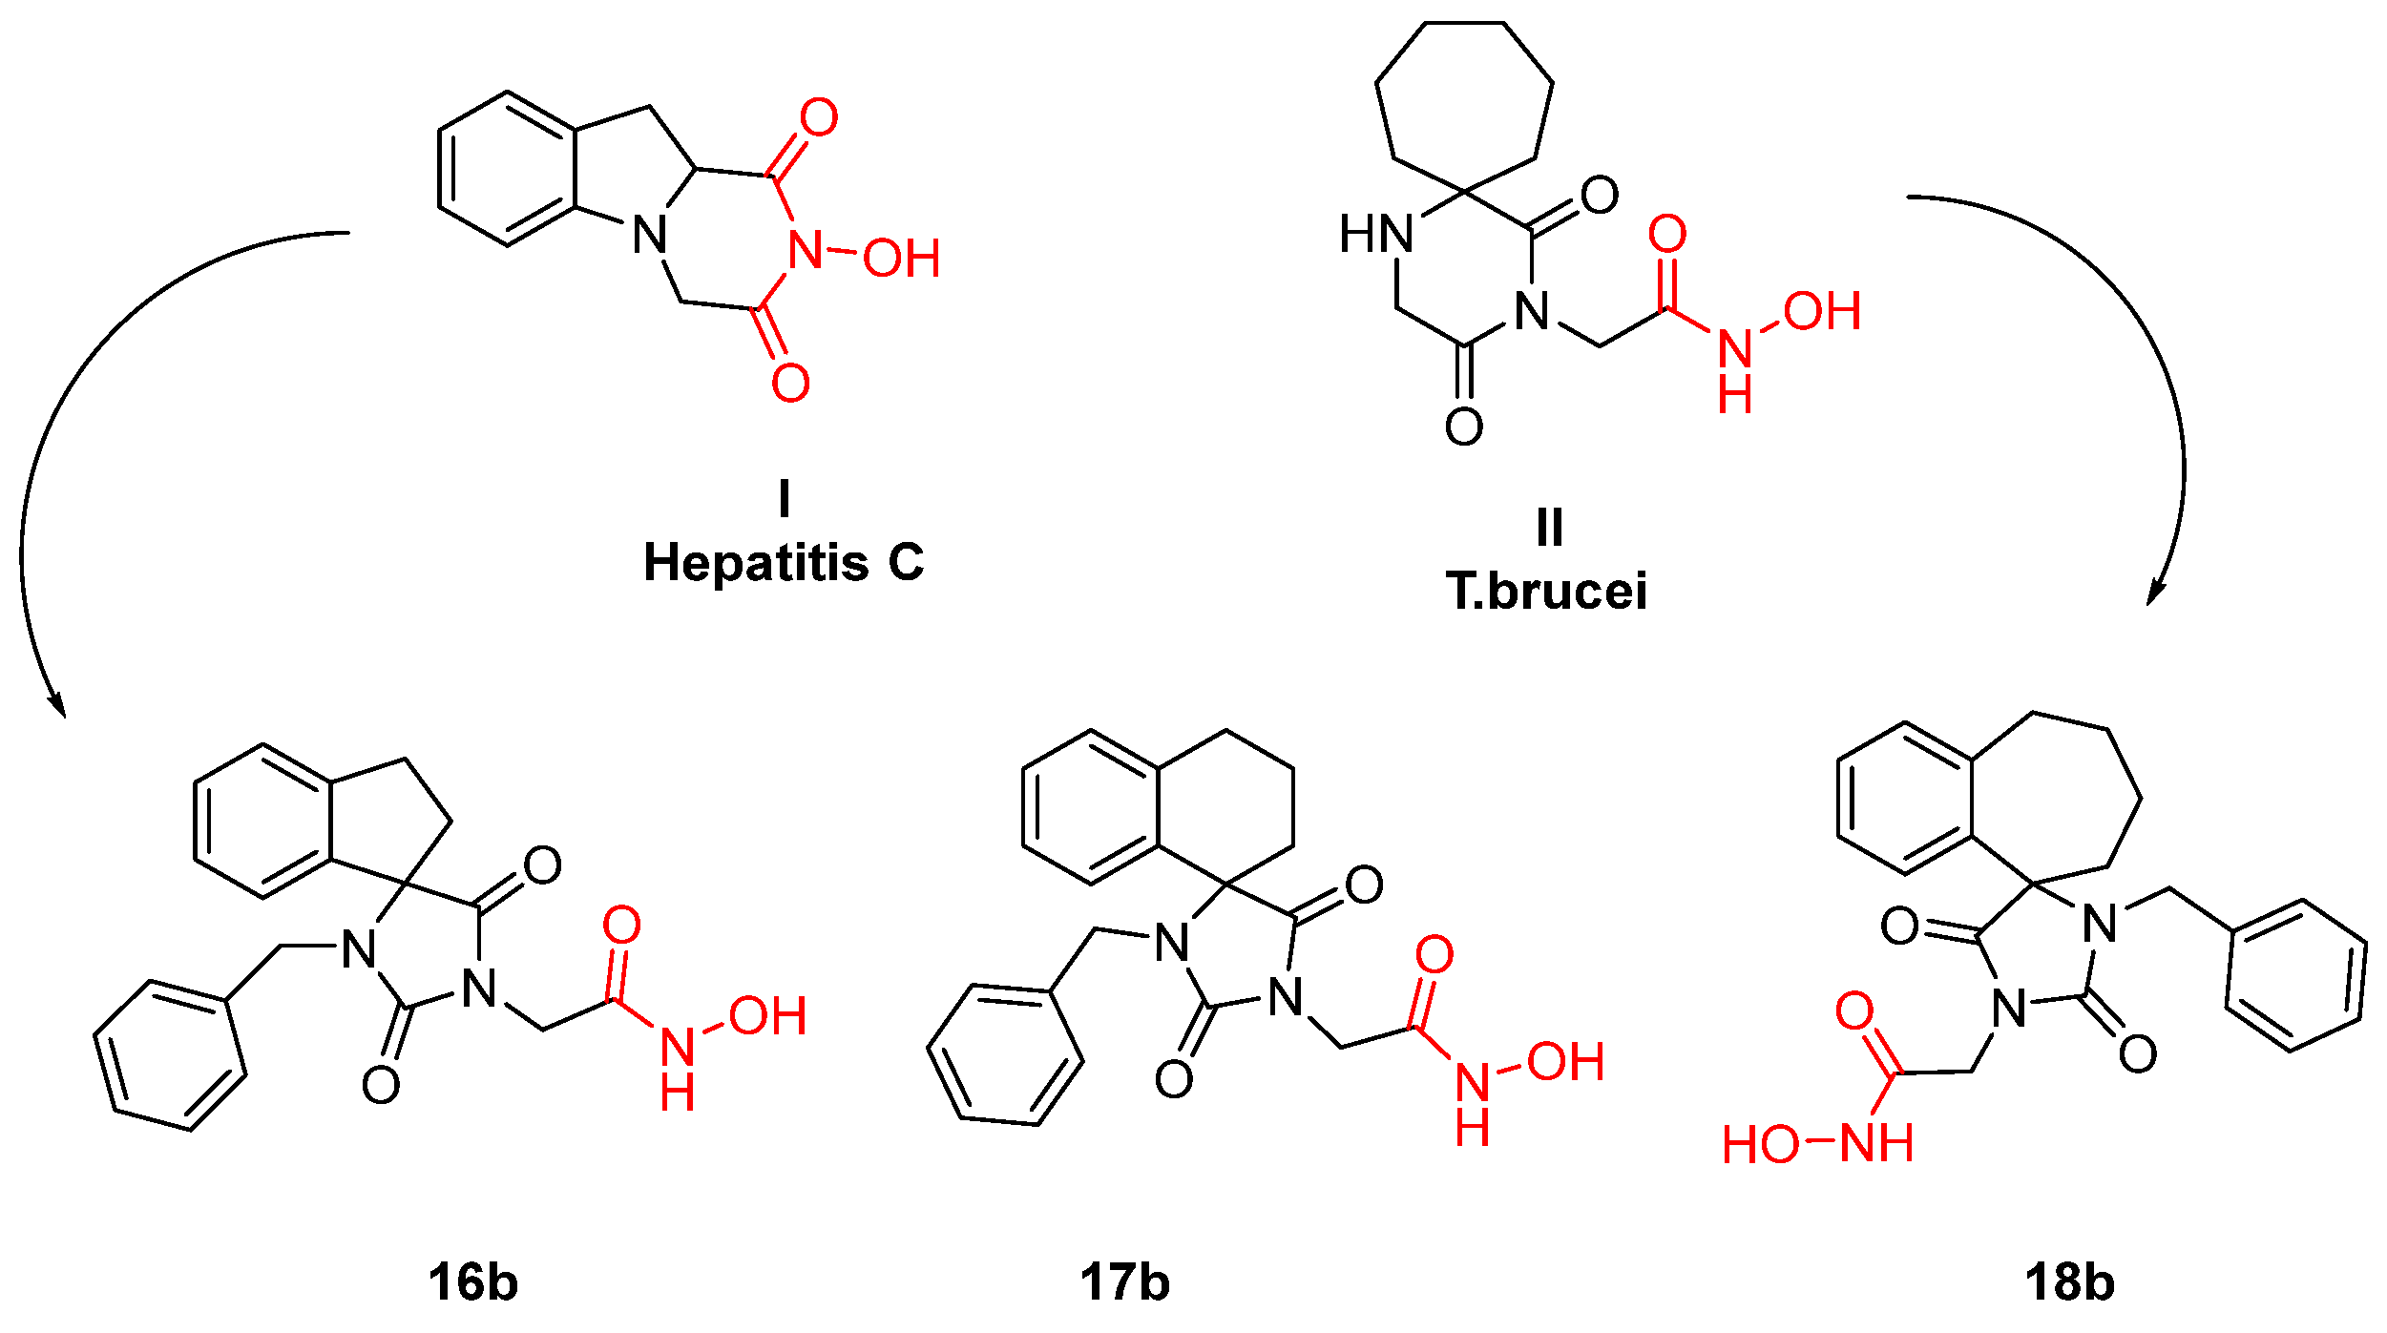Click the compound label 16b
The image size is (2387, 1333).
click(x=473, y=1282)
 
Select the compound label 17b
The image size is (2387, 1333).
click(x=1124, y=1282)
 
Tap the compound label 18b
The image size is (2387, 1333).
click(x=2069, y=1282)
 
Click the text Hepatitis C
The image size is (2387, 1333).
click(x=784, y=563)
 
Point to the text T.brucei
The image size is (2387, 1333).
click(x=1546, y=592)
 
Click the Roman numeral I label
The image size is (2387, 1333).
click(x=784, y=497)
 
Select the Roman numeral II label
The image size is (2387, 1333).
click(x=1550, y=527)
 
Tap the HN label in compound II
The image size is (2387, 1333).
click(x=1375, y=234)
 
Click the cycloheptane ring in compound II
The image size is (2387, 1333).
click(x=1463, y=105)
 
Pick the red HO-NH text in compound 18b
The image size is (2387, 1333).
click(x=1817, y=1144)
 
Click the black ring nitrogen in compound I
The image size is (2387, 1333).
click(x=650, y=235)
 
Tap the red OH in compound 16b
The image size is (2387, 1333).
click(x=767, y=1017)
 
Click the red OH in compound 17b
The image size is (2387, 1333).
click(x=1565, y=1063)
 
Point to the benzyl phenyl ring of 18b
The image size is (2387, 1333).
click(x=2296, y=975)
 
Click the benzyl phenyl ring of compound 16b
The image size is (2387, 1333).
click(x=170, y=1055)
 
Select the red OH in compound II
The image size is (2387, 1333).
click(x=1822, y=312)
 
